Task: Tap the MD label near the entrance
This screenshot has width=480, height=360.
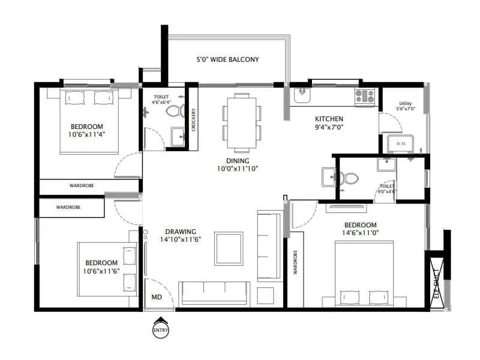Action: click(155, 296)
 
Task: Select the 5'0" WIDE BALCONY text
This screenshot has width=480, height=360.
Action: click(227, 59)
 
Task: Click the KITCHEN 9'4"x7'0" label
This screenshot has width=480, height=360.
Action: click(329, 123)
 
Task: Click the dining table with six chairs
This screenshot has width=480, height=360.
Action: click(242, 122)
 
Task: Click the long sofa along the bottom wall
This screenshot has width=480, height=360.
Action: click(214, 294)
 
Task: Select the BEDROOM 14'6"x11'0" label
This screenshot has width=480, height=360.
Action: click(359, 229)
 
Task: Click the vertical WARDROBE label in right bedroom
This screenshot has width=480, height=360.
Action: click(295, 262)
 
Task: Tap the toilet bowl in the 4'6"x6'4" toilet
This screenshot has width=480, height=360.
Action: click(173, 112)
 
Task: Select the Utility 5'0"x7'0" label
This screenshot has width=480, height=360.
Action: click(405, 107)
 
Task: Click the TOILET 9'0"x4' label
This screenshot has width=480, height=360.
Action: click(387, 190)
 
